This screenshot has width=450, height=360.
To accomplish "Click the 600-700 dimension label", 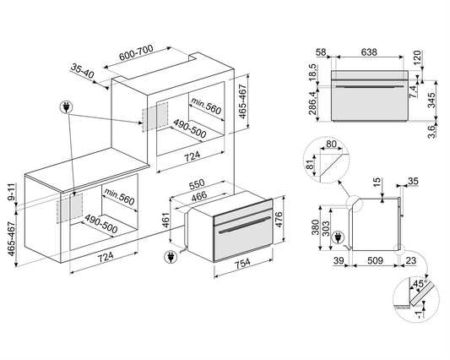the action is pyautogui.click(x=136, y=52).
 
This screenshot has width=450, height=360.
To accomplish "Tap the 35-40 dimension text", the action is pyautogui.click(x=83, y=71).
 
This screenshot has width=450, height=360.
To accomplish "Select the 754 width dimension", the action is pyautogui.click(x=243, y=263).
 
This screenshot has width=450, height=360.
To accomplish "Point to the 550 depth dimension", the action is pyautogui.click(x=197, y=184).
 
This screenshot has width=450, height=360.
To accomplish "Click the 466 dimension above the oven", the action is pyautogui.click(x=199, y=196).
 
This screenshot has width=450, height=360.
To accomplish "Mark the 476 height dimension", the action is pyautogui.click(x=279, y=220).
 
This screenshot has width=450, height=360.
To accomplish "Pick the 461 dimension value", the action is pyautogui.click(x=165, y=220).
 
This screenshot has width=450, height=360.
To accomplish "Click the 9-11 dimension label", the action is pyautogui.click(x=11, y=192).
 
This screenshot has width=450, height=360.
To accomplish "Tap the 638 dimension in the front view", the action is pyautogui.click(x=369, y=52).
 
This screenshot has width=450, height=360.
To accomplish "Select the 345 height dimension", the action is pyautogui.click(x=432, y=100).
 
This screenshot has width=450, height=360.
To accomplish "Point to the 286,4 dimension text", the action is pyautogui.click(x=313, y=102).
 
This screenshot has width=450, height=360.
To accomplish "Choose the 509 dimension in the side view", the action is pyautogui.click(x=375, y=260).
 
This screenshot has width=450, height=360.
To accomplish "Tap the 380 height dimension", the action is pyautogui.click(x=316, y=227).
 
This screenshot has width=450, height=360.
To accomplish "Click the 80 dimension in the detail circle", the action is pyautogui.click(x=331, y=144).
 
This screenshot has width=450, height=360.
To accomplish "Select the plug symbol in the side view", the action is pyautogui.click(x=338, y=238).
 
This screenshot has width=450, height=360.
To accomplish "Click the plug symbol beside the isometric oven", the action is pyautogui.click(x=171, y=257).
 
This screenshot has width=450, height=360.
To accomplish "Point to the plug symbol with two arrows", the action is pyautogui.click(x=67, y=107).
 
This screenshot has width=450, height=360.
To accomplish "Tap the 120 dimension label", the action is pyautogui.click(x=417, y=57).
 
